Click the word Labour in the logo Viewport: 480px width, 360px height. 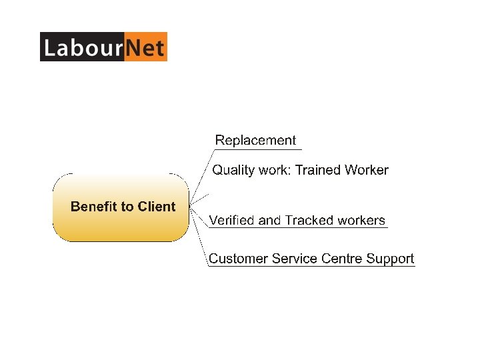[x=82, y=47]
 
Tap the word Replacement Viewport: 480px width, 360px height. [x=255, y=140]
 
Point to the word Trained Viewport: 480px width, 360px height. [x=318, y=170]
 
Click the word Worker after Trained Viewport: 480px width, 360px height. [x=366, y=170]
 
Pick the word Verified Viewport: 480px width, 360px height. [x=231, y=220]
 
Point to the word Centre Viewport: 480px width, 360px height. [x=342, y=259]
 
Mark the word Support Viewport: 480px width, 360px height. [x=390, y=259]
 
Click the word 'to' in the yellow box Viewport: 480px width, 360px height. [x=127, y=207]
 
